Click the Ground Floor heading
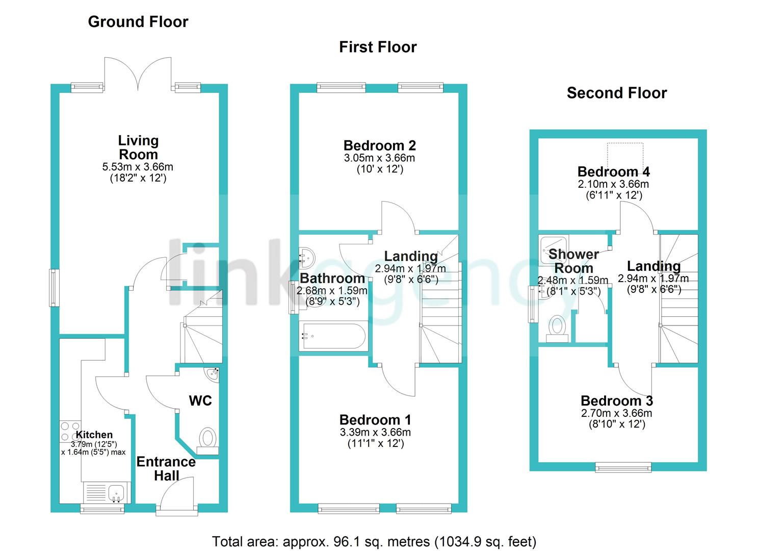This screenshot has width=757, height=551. click(138, 21)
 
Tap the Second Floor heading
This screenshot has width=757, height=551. click(616, 93)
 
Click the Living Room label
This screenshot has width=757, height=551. click(138, 147)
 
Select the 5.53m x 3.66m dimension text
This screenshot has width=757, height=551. click(138, 167)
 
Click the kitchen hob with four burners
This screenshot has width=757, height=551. click(70, 431)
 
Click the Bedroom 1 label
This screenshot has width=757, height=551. click(375, 420)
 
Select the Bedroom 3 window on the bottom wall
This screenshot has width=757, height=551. click(623, 466)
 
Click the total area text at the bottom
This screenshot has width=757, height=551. click(374, 541)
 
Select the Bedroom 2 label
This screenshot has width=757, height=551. click(379, 146)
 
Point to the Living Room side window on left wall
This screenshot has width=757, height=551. click(54, 288)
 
